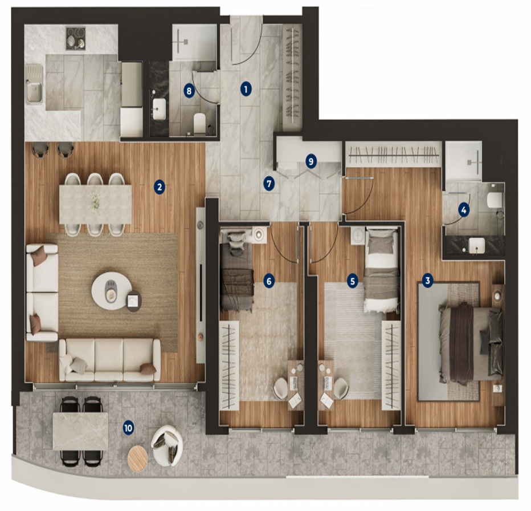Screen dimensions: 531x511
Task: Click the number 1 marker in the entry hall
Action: click(x=246, y=90)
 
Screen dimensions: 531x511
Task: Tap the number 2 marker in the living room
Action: click(x=159, y=187)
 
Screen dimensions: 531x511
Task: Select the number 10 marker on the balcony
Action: click(x=128, y=428)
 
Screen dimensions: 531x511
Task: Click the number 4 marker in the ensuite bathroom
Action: click(x=464, y=210)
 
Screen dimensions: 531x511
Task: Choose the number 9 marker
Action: click(x=311, y=161)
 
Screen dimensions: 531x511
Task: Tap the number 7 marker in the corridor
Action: click(x=269, y=184)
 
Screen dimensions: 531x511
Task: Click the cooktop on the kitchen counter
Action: click(x=76, y=38)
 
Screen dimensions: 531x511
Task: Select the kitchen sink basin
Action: click(x=34, y=92)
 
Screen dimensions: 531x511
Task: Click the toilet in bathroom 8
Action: click(x=199, y=123)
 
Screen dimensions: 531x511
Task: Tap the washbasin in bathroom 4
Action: click(x=477, y=245)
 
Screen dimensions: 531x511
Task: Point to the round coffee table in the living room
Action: click(x=109, y=291)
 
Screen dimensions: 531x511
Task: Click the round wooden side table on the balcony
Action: click(x=137, y=458)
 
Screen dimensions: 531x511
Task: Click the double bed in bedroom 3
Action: click(x=471, y=343)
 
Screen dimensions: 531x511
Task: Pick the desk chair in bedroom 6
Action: click(x=281, y=388)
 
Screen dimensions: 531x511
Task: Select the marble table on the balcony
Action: click(x=80, y=431)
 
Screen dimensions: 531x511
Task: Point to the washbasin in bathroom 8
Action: click(x=159, y=108)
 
